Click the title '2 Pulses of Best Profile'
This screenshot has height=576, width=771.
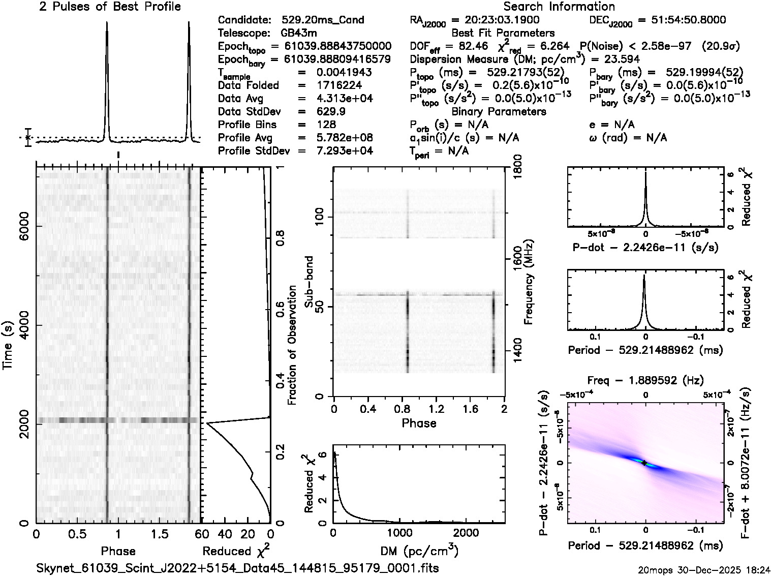point(110,7)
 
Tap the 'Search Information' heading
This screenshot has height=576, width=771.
point(559,7)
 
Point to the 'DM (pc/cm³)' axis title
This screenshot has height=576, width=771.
point(419,551)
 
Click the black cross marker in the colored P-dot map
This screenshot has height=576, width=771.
point(644,463)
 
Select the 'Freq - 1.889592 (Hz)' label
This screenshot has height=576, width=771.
point(645,380)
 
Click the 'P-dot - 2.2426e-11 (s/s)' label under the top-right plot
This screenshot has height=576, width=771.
point(645,248)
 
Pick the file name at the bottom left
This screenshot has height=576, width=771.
point(238,568)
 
